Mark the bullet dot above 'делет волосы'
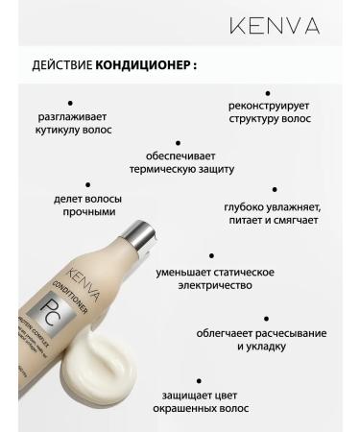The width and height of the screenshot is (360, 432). tap(87, 182)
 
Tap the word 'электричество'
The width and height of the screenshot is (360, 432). tap(211, 286)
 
